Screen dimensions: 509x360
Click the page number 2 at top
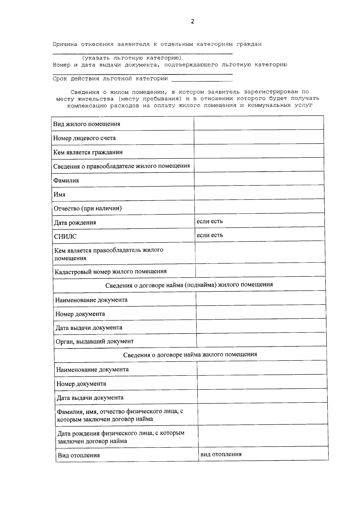(x=192, y=21)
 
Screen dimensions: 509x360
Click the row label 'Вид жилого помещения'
(x=87, y=124)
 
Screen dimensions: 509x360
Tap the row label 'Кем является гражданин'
(x=88, y=152)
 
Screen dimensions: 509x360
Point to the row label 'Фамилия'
(x=66, y=181)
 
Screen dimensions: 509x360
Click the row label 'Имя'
(x=59, y=194)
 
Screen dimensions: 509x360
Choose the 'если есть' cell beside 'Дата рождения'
(x=210, y=221)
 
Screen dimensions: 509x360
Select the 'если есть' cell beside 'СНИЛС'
(x=210, y=235)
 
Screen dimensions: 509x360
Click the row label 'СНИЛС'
(x=65, y=236)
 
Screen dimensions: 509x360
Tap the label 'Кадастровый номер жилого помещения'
(x=111, y=272)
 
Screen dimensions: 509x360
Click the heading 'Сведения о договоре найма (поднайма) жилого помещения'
(x=189, y=285)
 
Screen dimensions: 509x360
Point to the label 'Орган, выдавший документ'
(x=94, y=342)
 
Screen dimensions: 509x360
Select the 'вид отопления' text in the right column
(x=221, y=454)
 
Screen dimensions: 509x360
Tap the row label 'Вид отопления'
(x=79, y=455)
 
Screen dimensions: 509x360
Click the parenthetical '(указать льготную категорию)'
(x=132, y=58)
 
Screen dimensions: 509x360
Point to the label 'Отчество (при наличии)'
(x=88, y=209)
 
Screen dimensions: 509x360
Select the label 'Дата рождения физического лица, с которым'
(x=121, y=433)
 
